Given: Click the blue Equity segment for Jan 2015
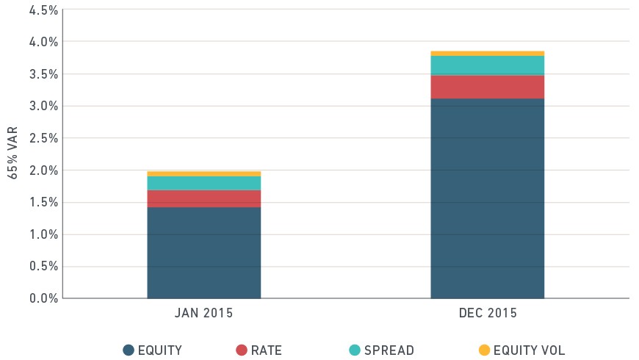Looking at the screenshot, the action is coord(203,253).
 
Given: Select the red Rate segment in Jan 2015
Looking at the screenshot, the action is coord(203,199).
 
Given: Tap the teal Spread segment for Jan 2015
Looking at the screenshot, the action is coord(203,184).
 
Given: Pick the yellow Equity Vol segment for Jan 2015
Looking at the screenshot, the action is coord(203,174).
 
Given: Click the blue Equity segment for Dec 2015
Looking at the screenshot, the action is coord(488,198).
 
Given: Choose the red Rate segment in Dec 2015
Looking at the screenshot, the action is coord(488,87).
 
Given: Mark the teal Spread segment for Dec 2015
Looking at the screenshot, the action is coord(488,65).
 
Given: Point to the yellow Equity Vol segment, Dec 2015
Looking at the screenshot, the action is coord(488,54).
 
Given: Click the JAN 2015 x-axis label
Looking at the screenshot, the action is coord(203,313).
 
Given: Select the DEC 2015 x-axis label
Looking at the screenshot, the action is coord(488,313).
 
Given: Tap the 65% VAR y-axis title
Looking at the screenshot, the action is coord(12,153).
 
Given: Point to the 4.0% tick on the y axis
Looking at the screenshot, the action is coord(43,42).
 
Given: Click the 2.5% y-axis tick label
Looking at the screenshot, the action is coord(43,138).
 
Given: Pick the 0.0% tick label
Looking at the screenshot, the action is coord(43,298).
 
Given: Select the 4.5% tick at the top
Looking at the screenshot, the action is coord(43,10).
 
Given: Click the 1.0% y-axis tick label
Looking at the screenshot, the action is coord(43,234).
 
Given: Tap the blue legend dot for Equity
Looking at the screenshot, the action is coord(129,350).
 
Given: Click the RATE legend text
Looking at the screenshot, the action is coord(267,350).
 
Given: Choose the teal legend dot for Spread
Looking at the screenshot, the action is coord(355,350).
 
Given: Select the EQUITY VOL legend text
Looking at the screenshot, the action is coord(530,350).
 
